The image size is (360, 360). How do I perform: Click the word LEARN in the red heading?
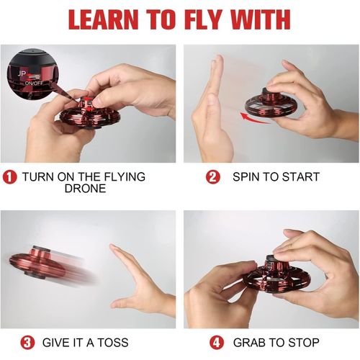(104, 19)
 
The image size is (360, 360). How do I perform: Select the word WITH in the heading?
(261, 19)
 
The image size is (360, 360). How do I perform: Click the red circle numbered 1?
(9, 177)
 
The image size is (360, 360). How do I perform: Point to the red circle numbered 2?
(213, 177)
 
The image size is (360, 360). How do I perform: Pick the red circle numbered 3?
(27, 343)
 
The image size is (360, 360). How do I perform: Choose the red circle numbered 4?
(217, 343)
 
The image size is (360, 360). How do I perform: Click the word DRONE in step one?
(85, 189)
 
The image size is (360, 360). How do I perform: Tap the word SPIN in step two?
(246, 177)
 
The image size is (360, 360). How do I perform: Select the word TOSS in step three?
(113, 343)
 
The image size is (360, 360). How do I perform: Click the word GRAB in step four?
(250, 343)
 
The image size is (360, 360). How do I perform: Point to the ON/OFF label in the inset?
(34, 83)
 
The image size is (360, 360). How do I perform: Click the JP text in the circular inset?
(22, 74)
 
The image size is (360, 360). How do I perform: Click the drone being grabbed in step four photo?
(276, 276)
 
